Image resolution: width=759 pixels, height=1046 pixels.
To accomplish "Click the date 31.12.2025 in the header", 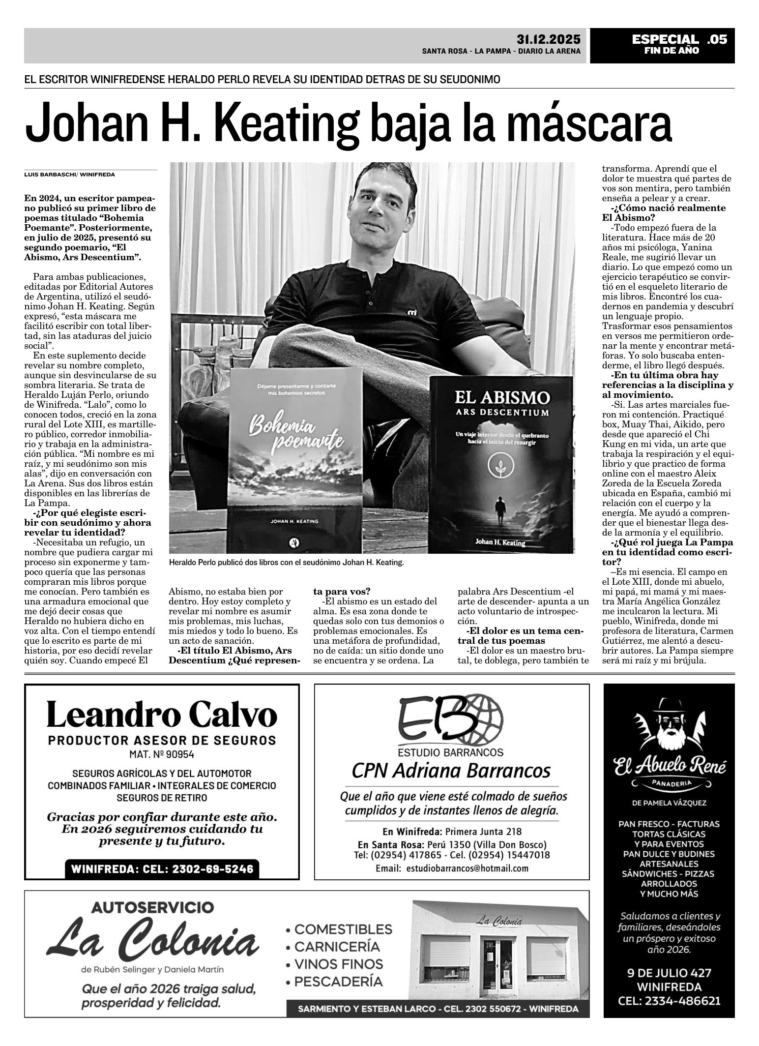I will [x=548, y=39].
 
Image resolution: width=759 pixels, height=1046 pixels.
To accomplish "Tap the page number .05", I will [x=716, y=39].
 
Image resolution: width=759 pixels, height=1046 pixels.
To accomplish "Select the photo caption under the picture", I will [x=286, y=563].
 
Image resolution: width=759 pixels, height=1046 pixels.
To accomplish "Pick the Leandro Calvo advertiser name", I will [x=162, y=716].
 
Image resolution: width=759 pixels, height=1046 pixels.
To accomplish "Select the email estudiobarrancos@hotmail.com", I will [x=452, y=868].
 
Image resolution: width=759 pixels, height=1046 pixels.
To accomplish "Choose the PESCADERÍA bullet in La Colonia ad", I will [x=338, y=982].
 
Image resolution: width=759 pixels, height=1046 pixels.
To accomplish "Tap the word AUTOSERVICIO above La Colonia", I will [x=152, y=906].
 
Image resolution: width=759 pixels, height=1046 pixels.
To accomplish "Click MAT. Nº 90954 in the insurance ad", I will [x=162, y=753].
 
